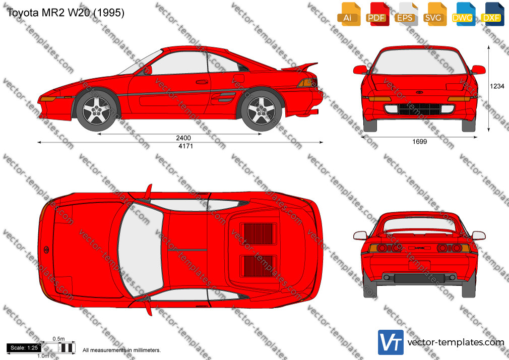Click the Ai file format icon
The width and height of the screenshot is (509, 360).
[x=349, y=14]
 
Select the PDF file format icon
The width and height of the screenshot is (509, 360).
[x=377, y=14]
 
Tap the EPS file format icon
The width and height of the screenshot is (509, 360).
[x=406, y=14]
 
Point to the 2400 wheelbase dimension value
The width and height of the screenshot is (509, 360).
[x=183, y=138]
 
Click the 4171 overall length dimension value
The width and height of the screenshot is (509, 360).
[x=185, y=146]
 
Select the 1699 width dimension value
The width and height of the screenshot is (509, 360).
[x=419, y=142]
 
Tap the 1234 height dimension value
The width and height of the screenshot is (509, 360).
[x=497, y=86]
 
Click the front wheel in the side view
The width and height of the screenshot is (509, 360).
[x=96, y=111]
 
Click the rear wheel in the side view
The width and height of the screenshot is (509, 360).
[x=262, y=111]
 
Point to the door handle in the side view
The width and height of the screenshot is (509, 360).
[x=202, y=82]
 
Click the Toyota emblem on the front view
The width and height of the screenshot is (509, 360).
[x=419, y=92]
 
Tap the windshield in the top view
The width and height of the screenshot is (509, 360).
[x=140, y=250]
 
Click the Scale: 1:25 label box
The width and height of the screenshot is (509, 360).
[x=24, y=348]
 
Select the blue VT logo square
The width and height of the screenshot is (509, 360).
[x=391, y=342]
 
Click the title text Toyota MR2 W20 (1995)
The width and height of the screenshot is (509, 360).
[x=66, y=13]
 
